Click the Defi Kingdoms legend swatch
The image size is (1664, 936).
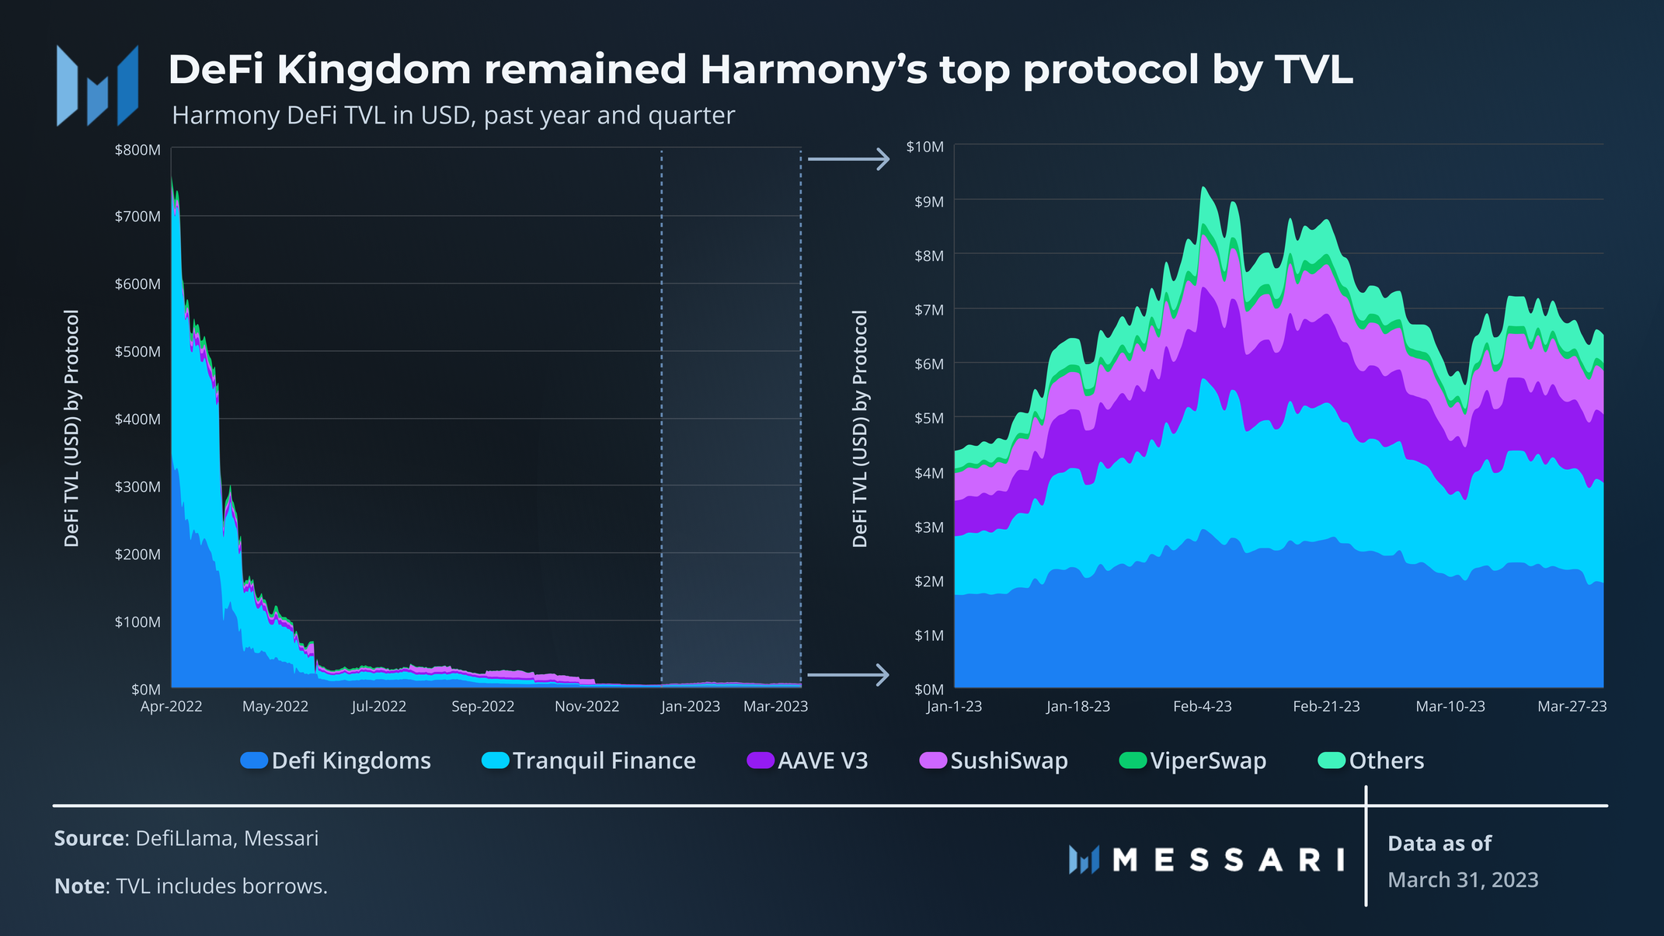pyautogui.click(x=254, y=760)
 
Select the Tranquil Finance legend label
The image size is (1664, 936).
pyautogui.click(x=604, y=760)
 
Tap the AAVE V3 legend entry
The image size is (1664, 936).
pyautogui.click(x=822, y=760)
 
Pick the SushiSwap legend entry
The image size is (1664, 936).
pyautogui.click(x=1008, y=760)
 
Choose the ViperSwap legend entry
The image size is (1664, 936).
pyautogui.click(x=1207, y=760)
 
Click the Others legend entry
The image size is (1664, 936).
pyautogui.click(x=1386, y=760)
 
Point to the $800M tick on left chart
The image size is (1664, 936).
pyautogui.click(x=138, y=150)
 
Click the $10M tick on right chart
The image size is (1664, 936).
pyautogui.click(x=924, y=147)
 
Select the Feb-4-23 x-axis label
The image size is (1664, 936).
pyautogui.click(x=1202, y=707)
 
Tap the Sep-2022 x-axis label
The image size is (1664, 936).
pyautogui.click(x=482, y=707)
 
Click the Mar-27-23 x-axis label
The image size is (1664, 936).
pyautogui.click(x=1572, y=707)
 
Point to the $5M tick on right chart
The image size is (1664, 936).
pyautogui.click(x=928, y=418)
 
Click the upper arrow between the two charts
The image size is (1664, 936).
pyautogui.click(x=848, y=159)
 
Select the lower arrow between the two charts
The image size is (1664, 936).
pyautogui.click(x=848, y=674)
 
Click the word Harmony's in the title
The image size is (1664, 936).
pyautogui.click(x=813, y=70)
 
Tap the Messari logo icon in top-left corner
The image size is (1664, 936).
pyautogui.click(x=97, y=86)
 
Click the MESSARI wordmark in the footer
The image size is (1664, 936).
pyautogui.click(x=1227, y=860)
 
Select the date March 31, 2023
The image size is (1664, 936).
pyautogui.click(x=1462, y=880)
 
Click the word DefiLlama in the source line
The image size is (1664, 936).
pyautogui.click(x=184, y=839)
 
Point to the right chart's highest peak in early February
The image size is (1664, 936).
pyautogui.click(x=1203, y=188)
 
